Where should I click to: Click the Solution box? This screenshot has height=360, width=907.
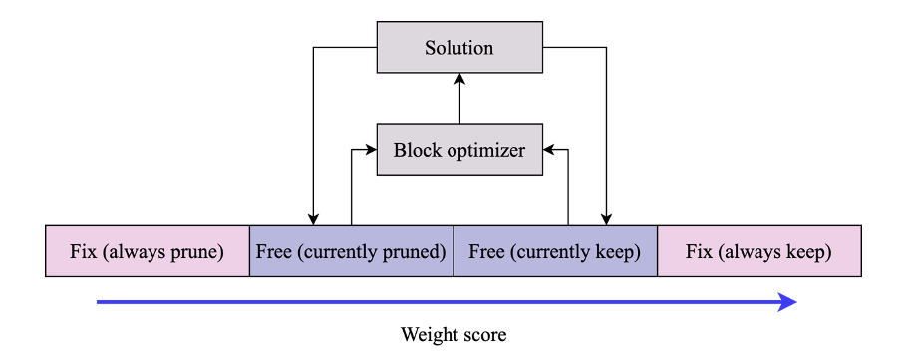(x=458, y=48)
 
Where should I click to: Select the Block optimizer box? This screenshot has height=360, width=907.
(x=458, y=150)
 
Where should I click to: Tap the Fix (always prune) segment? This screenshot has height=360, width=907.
(x=148, y=251)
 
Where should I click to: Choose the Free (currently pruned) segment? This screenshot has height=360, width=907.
(x=351, y=251)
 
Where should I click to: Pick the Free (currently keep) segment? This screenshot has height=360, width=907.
(x=554, y=251)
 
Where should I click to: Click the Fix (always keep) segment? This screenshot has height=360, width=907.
(x=758, y=251)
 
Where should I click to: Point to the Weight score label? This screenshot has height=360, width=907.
(x=453, y=334)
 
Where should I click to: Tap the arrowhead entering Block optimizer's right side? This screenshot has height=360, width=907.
(x=547, y=150)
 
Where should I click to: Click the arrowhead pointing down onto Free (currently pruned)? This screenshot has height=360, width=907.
(x=314, y=220)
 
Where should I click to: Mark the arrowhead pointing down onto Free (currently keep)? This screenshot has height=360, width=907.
(x=605, y=220)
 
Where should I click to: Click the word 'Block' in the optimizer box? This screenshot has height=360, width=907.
(x=416, y=150)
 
